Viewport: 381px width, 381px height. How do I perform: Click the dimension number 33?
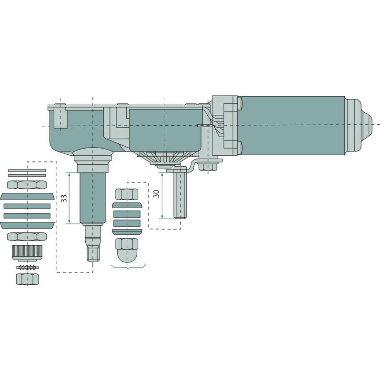pyautogui.click(x=64, y=198)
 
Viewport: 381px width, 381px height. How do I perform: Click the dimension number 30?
pyautogui.click(x=157, y=193)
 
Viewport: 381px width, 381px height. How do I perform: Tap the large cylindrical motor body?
pyautogui.click(x=291, y=125)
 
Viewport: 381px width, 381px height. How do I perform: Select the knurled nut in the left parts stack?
pyautogui.click(x=27, y=253)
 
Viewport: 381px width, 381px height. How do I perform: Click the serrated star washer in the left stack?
pyautogui.click(x=27, y=268)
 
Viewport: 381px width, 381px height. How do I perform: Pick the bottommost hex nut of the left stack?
pyautogui.click(x=27, y=279)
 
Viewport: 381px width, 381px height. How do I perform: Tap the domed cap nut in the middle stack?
pyautogui.click(x=127, y=251)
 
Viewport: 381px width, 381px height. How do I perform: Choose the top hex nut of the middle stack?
pyautogui.click(x=127, y=194)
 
